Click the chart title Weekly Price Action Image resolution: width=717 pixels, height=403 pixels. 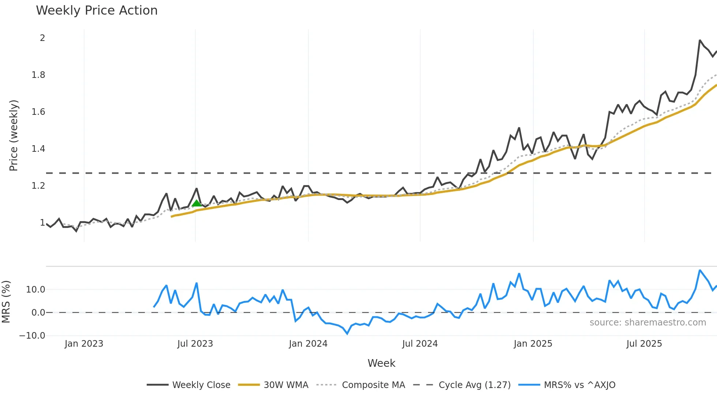pos(97,11)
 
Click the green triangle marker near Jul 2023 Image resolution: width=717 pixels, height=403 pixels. pos(196,203)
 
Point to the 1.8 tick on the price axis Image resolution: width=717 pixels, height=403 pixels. pos(38,75)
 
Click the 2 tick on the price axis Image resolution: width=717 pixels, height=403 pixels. pos(42,38)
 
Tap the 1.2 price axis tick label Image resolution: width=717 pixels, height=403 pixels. pos(38,186)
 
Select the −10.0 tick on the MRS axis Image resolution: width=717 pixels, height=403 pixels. pos(32,335)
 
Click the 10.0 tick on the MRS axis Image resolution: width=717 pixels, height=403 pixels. pos(35,290)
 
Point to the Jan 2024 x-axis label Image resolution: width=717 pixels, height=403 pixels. pos(308,344)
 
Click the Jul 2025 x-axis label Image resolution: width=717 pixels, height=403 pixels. pos(644,344)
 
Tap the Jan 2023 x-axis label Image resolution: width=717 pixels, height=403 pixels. pos(84,344)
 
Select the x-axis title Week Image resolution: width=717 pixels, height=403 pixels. pos(381,363)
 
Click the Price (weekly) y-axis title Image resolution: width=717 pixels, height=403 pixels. pos(14,135)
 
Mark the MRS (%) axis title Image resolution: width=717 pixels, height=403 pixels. pos(6,302)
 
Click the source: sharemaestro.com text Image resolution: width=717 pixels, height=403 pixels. pos(647,323)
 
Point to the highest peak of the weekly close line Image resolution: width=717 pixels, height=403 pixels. pos(700,40)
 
